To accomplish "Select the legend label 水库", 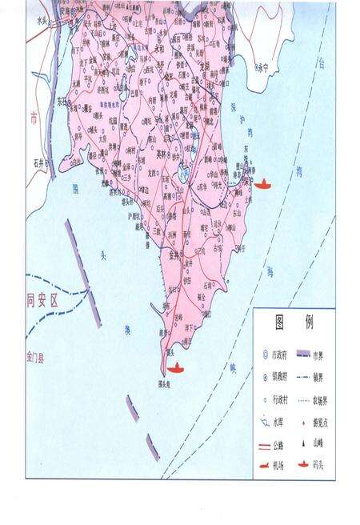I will click(x=280, y=419).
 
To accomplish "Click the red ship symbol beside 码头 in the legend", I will click(x=302, y=465).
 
